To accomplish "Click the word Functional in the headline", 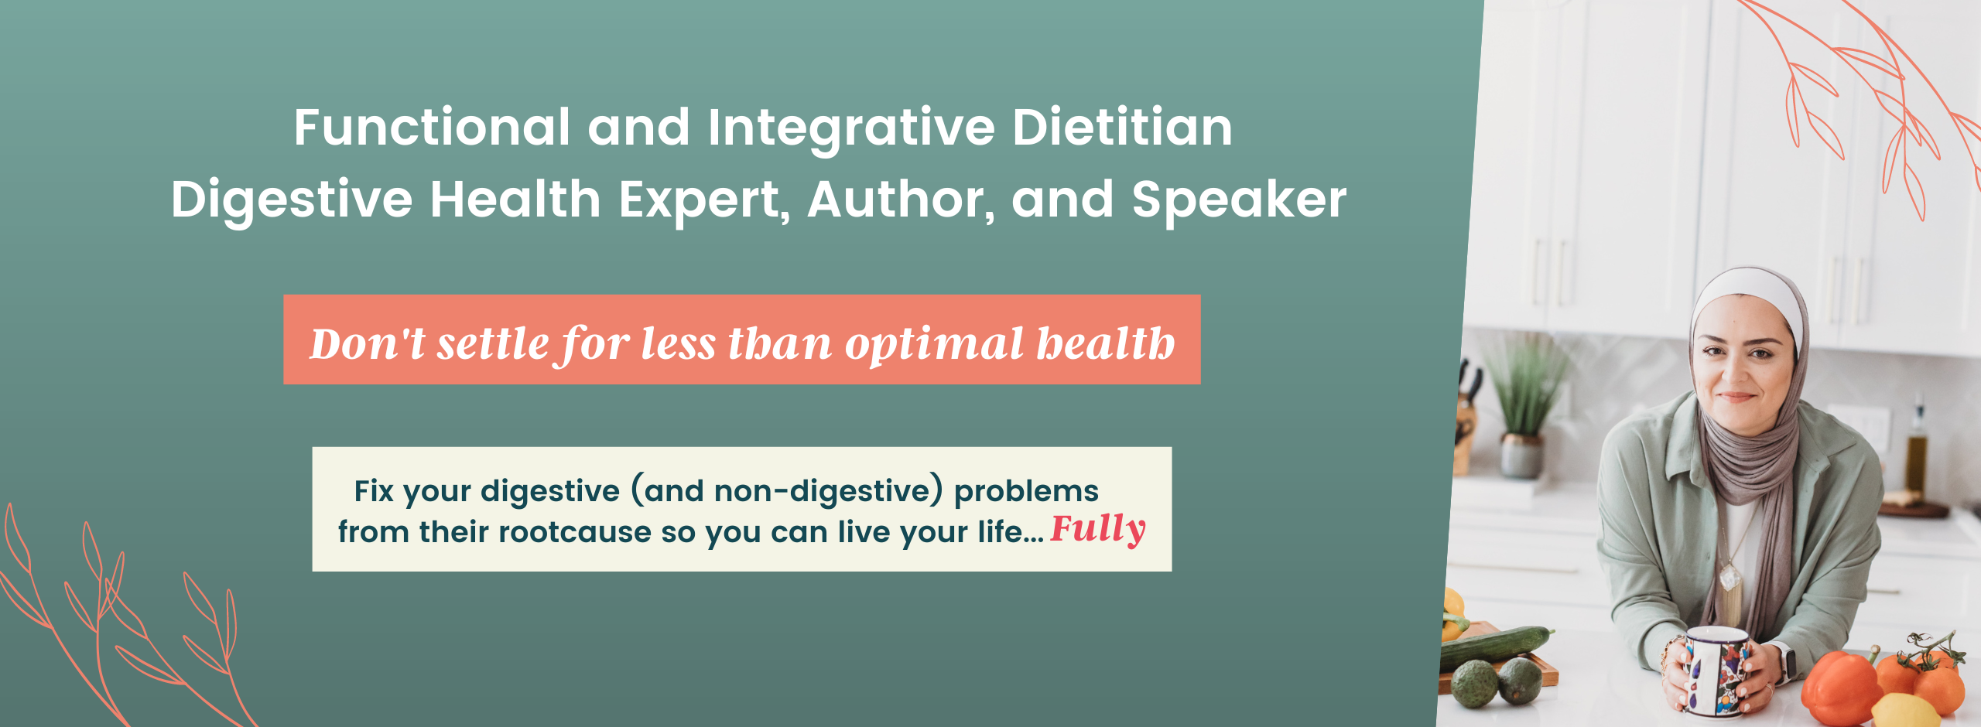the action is click(x=432, y=127).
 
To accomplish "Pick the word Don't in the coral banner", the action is click(x=368, y=343).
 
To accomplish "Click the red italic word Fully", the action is click(x=1097, y=530).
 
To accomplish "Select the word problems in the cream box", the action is click(x=1026, y=491).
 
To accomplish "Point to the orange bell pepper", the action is click(x=1839, y=688).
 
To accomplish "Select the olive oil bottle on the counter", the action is click(x=1916, y=449).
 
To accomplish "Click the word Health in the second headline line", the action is click(x=515, y=200).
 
